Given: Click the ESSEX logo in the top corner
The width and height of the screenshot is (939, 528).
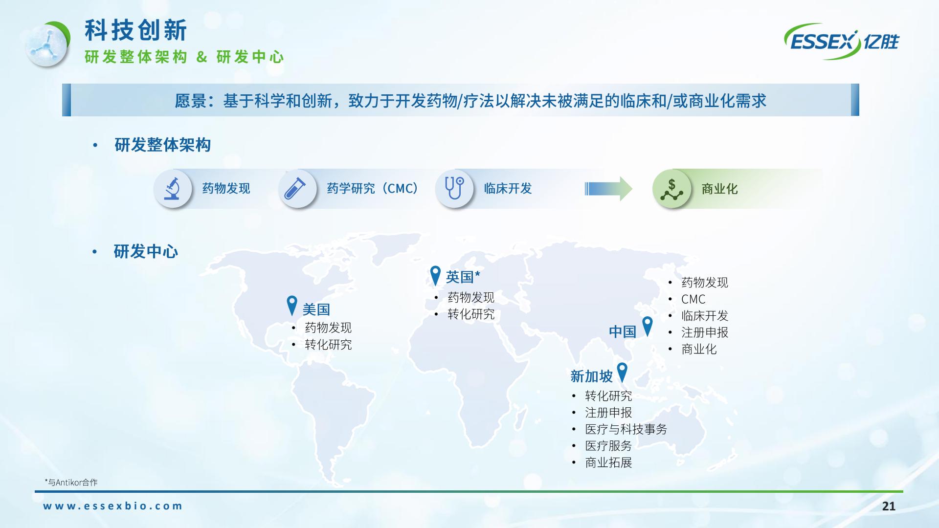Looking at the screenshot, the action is [x=842, y=41].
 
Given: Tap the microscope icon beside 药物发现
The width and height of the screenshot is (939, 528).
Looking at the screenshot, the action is [x=172, y=189].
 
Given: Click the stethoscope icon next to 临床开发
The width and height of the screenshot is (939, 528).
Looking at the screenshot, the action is [x=454, y=189].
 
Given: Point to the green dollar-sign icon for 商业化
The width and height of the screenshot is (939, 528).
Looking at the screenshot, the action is [x=671, y=189].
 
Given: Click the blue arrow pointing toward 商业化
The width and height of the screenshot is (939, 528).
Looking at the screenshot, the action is [x=608, y=189].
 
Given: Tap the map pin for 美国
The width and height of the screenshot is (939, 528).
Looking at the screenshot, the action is [x=292, y=306].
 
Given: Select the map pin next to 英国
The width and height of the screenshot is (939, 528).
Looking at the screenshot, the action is [x=435, y=276].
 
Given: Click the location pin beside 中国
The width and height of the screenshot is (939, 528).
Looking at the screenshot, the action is [x=647, y=326].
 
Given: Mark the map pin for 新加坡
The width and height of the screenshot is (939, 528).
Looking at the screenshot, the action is [x=622, y=373].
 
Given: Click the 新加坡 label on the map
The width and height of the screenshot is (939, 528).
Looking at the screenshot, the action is [x=591, y=376].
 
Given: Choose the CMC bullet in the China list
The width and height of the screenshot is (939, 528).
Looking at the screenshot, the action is [x=693, y=299].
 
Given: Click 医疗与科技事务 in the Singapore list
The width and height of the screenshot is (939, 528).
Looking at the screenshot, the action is [x=626, y=429].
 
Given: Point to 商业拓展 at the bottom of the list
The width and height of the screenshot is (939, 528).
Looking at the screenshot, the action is [x=608, y=462].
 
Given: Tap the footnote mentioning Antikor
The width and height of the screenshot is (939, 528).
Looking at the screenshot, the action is [x=71, y=483].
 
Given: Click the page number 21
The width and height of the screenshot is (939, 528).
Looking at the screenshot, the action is [x=889, y=506].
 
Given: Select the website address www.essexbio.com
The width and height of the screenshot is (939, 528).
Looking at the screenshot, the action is [x=112, y=506].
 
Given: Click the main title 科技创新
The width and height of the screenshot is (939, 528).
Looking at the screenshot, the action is [x=136, y=30].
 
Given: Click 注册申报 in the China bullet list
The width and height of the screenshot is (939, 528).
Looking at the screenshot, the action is [x=705, y=332].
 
